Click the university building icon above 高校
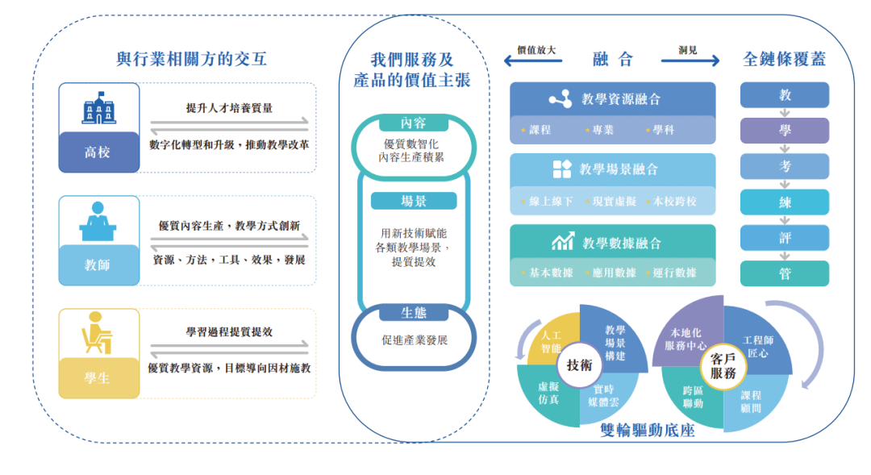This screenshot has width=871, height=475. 99,108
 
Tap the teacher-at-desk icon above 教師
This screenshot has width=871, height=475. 98,221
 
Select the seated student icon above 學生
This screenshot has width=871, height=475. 97,332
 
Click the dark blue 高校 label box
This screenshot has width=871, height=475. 99,152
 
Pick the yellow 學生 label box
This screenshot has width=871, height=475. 99,377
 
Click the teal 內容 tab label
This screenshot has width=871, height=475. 413,123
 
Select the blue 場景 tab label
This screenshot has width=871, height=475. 413,201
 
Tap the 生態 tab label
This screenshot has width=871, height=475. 413,313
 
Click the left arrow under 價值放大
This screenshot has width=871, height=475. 533,60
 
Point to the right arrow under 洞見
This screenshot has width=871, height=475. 690,60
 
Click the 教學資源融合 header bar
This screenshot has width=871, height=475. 613,99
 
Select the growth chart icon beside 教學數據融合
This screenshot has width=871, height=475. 563,242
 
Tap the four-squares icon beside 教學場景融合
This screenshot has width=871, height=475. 562,169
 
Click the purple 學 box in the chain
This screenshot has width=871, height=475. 785,131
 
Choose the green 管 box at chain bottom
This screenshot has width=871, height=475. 785,273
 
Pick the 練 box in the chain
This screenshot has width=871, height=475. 785,202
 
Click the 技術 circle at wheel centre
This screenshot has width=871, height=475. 579,365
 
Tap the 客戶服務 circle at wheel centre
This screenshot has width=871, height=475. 723,366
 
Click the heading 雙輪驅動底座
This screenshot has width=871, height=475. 648,431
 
